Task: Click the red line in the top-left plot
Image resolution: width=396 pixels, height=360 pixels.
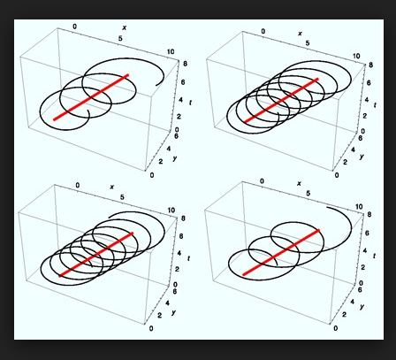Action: pos(91,97)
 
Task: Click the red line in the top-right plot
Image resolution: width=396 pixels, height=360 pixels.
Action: pos(281,100)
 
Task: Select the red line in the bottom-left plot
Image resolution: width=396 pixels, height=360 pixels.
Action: pos(96,255)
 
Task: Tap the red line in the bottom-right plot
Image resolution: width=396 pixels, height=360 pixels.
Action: pos(281,252)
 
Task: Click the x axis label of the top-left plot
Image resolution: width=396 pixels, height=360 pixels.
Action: pos(125,27)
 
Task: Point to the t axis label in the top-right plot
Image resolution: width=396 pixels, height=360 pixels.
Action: pos(375,105)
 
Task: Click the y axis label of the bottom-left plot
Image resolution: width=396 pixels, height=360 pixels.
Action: pos(174,312)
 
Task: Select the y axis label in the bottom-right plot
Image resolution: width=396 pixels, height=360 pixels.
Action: pos(362,307)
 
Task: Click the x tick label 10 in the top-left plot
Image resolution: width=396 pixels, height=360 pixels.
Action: pos(171,52)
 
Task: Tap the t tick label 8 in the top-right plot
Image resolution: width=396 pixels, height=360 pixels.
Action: pos(370,65)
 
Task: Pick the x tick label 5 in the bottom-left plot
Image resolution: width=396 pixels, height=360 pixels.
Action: pos(122,197)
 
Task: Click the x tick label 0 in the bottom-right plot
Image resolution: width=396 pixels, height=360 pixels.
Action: pos(262,181)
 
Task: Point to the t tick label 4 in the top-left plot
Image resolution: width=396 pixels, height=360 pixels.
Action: pos(179,99)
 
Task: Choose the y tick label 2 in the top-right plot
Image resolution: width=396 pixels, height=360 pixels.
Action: pos(345,162)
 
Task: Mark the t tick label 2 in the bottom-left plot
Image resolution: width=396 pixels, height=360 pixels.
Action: pos(177,269)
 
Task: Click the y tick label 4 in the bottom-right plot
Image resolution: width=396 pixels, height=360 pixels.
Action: pos(353,302)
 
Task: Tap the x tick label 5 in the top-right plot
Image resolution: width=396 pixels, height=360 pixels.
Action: pos(308,43)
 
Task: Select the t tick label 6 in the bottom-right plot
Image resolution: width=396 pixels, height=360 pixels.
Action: pos(367,233)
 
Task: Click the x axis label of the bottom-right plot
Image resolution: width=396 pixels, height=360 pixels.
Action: pos(299,183)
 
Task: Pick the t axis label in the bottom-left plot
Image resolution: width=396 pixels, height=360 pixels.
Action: pos(188,258)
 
